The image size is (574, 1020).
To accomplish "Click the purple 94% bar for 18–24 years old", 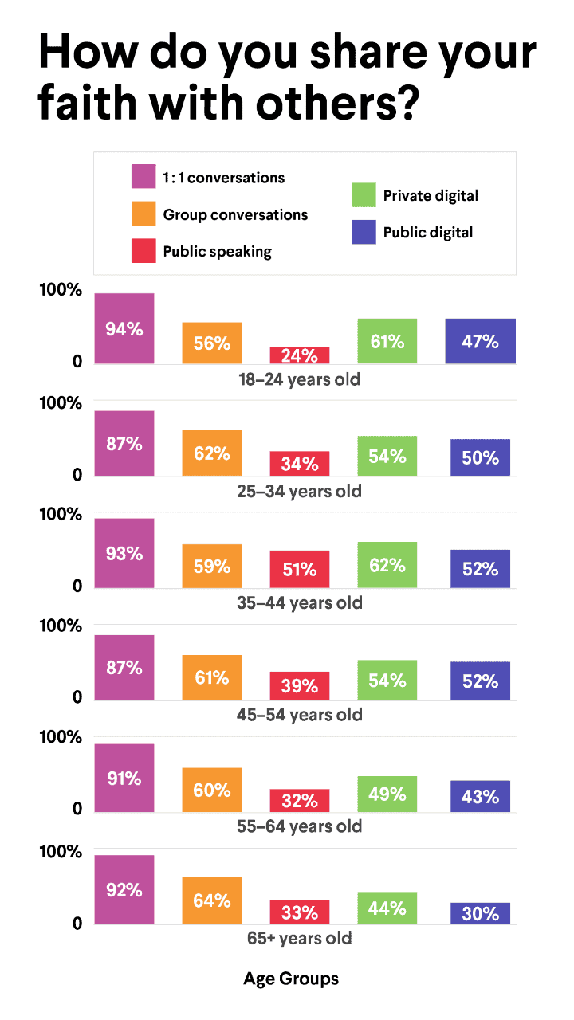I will click(124, 328).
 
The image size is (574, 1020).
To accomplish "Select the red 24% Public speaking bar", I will click(299, 355).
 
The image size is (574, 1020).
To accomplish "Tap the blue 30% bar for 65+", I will click(480, 913).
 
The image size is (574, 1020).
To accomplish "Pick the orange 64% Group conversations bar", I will click(211, 900).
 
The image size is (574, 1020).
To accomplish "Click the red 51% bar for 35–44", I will click(299, 569).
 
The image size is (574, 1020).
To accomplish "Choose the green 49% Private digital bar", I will click(387, 794).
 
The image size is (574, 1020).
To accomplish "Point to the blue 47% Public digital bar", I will click(480, 341).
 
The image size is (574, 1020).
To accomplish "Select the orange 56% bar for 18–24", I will click(211, 343).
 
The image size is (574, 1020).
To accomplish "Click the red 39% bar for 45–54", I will click(299, 685).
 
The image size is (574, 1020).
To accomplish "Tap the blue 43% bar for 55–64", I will click(480, 796).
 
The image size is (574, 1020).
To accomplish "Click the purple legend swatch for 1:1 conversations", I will click(143, 176).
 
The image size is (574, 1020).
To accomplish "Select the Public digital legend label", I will click(427, 233).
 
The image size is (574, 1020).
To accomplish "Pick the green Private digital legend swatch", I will click(364, 195).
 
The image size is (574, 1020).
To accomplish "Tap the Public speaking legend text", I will click(217, 252).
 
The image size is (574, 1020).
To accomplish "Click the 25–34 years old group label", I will click(299, 491).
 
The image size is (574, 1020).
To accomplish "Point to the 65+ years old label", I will click(299, 938).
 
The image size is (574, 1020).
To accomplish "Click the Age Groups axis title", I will click(291, 979).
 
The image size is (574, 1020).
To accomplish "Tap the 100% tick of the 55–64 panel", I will click(61, 737).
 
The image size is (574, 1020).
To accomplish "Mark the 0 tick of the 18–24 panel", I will click(77, 362).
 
